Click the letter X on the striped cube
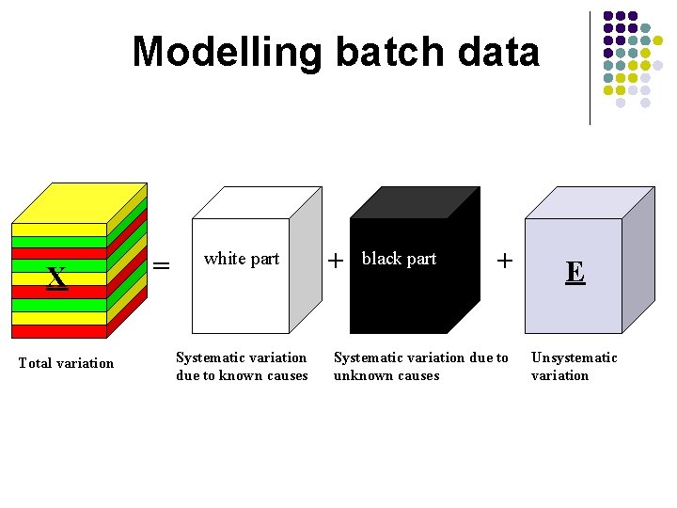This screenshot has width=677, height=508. (x=57, y=278)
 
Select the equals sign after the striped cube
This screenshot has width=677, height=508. (x=162, y=266)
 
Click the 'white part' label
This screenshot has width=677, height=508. (x=242, y=259)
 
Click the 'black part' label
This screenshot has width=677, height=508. (x=399, y=259)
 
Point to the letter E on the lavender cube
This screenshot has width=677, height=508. (x=575, y=273)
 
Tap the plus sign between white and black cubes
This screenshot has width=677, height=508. (x=335, y=262)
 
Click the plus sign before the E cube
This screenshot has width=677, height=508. (x=505, y=261)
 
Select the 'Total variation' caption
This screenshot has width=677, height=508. (x=66, y=363)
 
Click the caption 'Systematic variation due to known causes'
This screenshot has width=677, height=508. (x=242, y=366)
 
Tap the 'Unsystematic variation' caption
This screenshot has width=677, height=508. (x=574, y=366)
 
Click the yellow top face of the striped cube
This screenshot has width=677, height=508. (x=80, y=202)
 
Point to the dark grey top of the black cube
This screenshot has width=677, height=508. (x=414, y=202)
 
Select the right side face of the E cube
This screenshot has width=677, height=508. (x=638, y=259)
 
